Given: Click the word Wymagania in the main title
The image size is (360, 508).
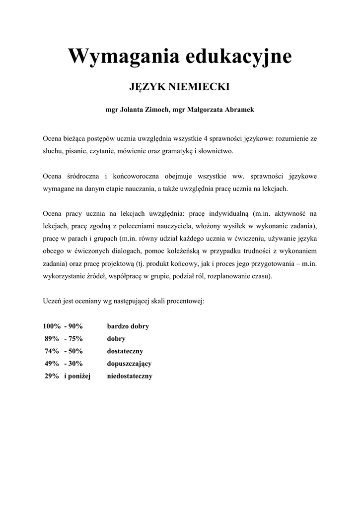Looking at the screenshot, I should [x=123, y=56].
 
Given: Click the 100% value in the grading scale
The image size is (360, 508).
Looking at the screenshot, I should [x=52, y=326].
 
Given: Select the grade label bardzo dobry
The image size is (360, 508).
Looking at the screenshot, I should [x=128, y=326].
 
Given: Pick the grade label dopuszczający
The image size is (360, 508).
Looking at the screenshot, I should [x=129, y=364].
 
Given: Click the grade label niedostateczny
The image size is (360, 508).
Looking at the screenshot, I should [x=130, y=376].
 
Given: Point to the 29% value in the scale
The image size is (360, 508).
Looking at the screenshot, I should [x=52, y=376].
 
